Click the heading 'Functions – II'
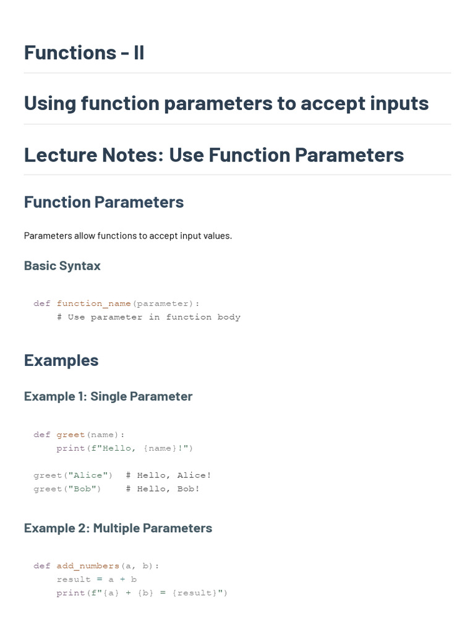coord(84,53)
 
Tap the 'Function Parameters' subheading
coord(104,202)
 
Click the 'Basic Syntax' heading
coord(62,266)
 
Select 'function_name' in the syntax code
coord(94,304)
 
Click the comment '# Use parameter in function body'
coord(148,317)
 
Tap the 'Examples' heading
coord(61,360)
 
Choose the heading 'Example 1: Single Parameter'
coord(108,396)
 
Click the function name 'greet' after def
coord(71,435)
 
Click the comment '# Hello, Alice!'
coord(168,475)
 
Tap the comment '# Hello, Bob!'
coord(163,489)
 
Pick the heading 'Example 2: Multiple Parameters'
coord(118,528)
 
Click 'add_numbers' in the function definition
coord(88,566)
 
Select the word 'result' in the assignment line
coord(74,580)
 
